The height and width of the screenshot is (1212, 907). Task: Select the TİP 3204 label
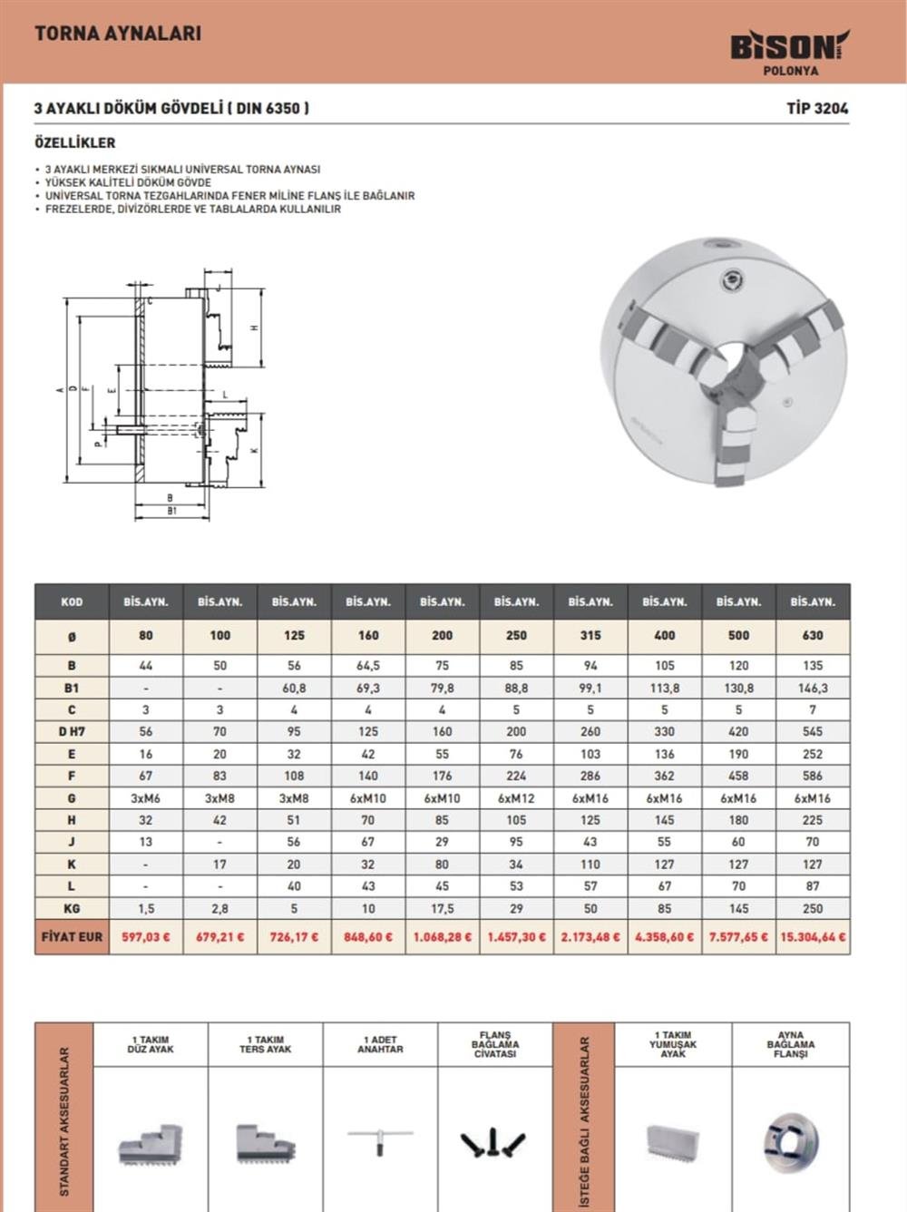[817, 108]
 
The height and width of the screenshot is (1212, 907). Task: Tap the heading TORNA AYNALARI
[118, 34]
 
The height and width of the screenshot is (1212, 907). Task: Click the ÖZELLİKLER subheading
[74, 142]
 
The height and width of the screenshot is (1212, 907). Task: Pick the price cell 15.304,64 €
[813, 936]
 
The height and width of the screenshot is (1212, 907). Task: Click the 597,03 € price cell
[146, 936]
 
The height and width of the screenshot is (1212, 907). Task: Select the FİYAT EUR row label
[72, 935]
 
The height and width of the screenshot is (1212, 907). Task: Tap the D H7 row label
[72, 731]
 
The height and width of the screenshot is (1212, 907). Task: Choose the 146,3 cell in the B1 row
[813, 688]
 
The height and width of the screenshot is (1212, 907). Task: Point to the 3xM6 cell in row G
[146, 798]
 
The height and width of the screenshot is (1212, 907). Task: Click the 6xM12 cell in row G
[516, 798]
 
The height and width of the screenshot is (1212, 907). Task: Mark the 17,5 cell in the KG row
[442, 908]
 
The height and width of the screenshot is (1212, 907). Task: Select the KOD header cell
[72, 601]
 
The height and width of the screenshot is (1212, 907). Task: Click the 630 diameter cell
[813, 635]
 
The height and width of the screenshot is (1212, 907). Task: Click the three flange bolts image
[494, 1143]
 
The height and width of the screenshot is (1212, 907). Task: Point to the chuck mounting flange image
[790, 1141]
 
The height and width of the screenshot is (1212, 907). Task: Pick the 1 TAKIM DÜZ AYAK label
[151, 1044]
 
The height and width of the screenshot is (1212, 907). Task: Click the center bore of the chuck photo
[731, 367]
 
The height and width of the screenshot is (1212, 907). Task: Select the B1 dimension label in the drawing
[171, 511]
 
